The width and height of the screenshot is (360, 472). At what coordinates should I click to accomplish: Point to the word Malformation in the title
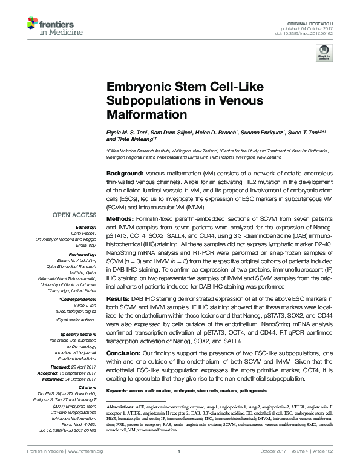pos(139,113)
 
